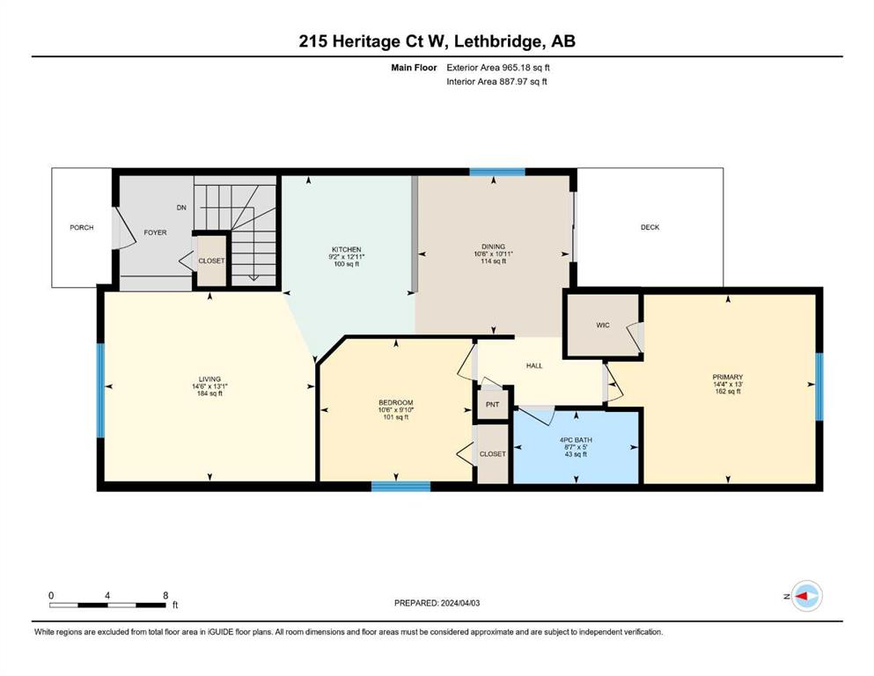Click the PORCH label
pyautogui.click(x=81, y=227)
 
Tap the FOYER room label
pyautogui.click(x=155, y=232)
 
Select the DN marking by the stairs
pyautogui.click(x=181, y=208)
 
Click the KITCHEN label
pyautogui.click(x=347, y=250)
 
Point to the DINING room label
pyautogui.click(x=493, y=246)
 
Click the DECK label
pyautogui.click(x=650, y=227)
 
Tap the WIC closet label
pyautogui.click(x=603, y=325)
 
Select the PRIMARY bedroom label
pyautogui.click(x=727, y=378)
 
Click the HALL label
pyautogui.click(x=534, y=365)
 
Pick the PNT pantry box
pyautogui.click(x=492, y=404)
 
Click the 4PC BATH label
pyautogui.click(x=576, y=440)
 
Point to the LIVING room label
pyautogui.click(x=209, y=379)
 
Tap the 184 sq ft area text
pyautogui.click(x=209, y=393)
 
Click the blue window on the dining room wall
pyautogui.click(x=497, y=172)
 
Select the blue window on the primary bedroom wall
pyautogui.click(x=819, y=386)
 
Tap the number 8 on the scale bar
pyautogui.click(x=165, y=595)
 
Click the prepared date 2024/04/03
pyautogui.click(x=459, y=603)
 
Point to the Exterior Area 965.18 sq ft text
pyautogui.click(x=498, y=68)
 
